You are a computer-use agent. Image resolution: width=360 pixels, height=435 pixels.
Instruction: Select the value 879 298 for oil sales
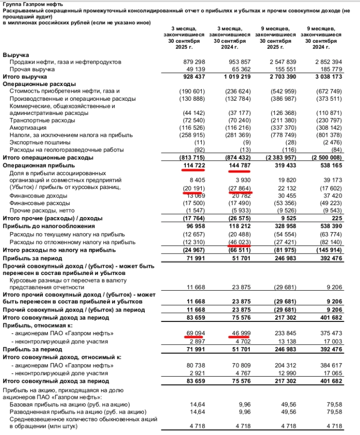[194, 62]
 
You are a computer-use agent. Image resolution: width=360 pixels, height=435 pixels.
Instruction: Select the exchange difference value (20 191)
[192, 188]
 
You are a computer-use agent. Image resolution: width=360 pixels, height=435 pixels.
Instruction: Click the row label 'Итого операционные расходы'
[48, 157]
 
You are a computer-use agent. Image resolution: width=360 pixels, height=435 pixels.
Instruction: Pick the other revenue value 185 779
[329, 69]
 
